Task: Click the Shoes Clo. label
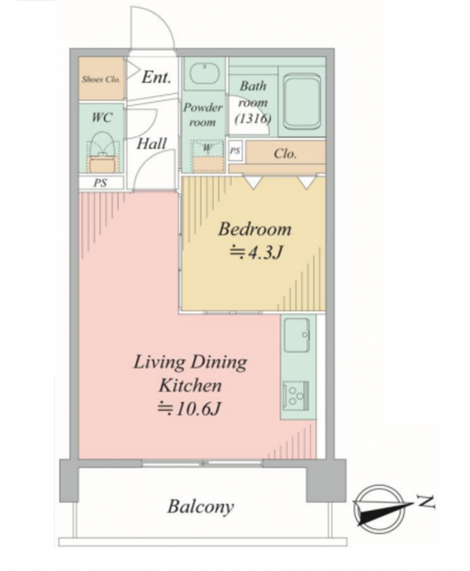click(x=100, y=79)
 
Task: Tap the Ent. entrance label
click(x=157, y=77)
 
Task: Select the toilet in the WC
click(x=103, y=152)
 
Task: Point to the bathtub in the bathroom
click(x=302, y=101)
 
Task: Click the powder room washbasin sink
click(x=205, y=74)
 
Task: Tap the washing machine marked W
click(x=207, y=156)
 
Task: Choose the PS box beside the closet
click(x=235, y=151)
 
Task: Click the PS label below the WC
click(x=100, y=183)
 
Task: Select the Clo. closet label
click(x=285, y=154)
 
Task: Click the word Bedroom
click(x=255, y=229)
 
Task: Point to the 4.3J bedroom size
click(x=256, y=252)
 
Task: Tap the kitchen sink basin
click(x=297, y=335)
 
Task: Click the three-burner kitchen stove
click(x=296, y=394)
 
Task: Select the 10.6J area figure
click(x=189, y=410)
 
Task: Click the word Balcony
click(x=201, y=507)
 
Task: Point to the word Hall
click(x=151, y=143)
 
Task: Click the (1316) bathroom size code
click(x=252, y=118)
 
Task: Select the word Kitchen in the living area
click(x=190, y=386)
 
